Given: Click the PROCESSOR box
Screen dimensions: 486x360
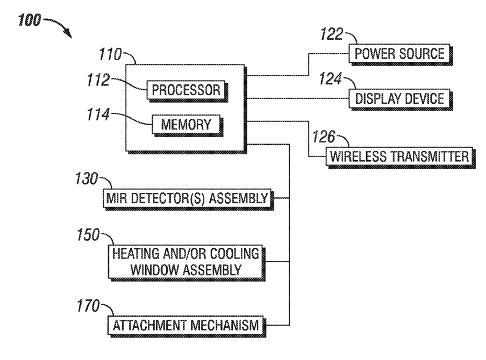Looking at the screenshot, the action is [187, 91].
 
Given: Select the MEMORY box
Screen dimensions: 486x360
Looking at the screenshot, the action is [187, 125].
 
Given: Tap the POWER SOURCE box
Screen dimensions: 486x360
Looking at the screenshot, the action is [401, 54].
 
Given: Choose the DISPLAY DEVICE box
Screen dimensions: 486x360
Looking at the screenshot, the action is [401, 99].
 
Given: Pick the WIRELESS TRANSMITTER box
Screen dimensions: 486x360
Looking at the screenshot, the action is [400, 157].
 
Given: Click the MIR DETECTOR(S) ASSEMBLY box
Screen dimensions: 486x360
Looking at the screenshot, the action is [188, 199].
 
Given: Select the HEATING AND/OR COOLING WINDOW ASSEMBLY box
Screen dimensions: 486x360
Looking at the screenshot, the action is [187, 262].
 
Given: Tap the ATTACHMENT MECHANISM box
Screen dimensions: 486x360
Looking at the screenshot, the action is [187, 326].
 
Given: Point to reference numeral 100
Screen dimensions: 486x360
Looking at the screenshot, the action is [30, 20].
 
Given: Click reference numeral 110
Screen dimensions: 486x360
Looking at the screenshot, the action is [110, 54].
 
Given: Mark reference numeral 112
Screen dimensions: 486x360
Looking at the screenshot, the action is [98, 80].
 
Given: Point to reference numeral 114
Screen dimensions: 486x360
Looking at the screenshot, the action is [98, 114].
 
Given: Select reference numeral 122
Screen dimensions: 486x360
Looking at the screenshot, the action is [332, 34].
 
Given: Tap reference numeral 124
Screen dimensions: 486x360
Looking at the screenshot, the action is [331, 78].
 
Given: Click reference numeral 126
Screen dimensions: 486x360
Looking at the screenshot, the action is [324, 136].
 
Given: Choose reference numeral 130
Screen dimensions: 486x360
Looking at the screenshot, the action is [87, 179].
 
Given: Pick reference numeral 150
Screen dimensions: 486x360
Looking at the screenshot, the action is [88, 235].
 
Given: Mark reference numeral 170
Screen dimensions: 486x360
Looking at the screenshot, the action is [88, 306].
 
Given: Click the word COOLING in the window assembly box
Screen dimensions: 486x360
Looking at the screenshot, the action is [234, 254].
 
